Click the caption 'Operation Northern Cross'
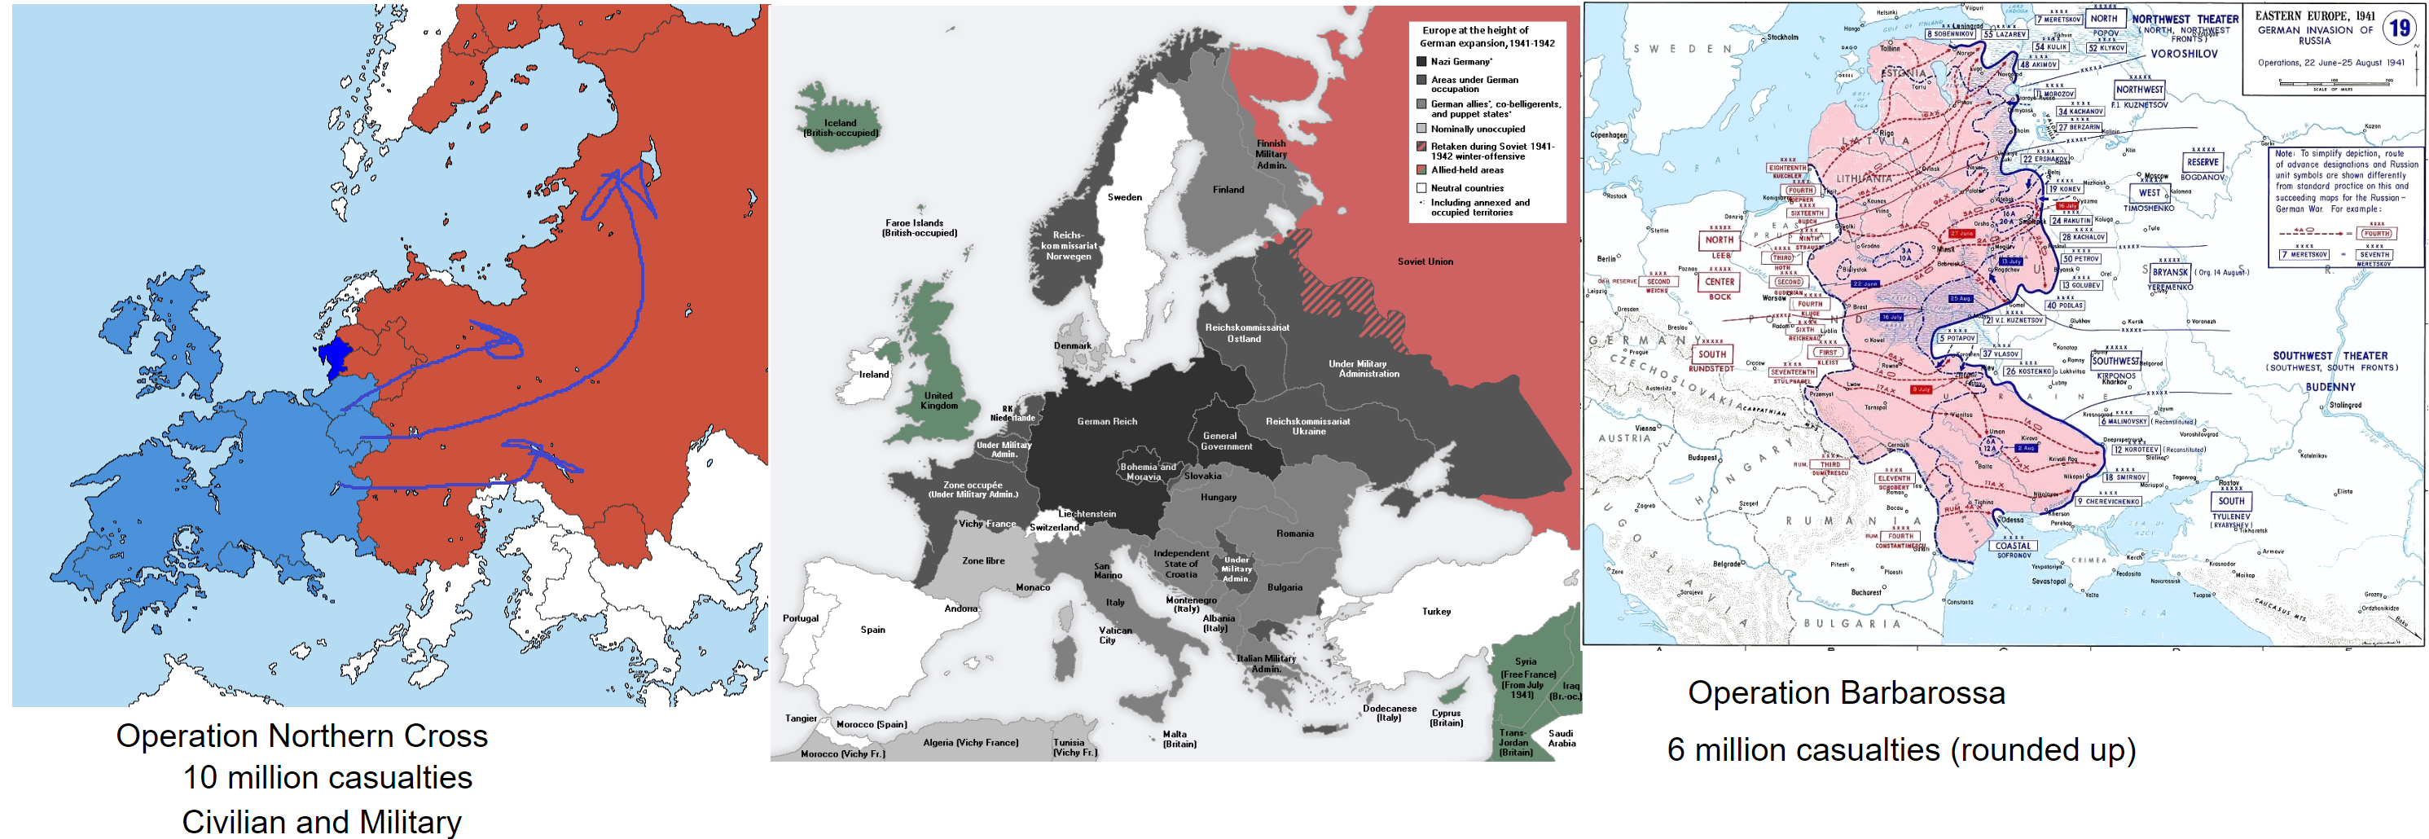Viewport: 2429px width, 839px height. coord(301,736)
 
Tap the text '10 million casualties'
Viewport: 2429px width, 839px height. coord(327,778)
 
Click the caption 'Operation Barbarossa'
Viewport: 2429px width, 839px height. coord(1845,693)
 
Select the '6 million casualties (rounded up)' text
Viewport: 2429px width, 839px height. coord(1901,749)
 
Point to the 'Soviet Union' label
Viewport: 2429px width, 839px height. coord(1425,261)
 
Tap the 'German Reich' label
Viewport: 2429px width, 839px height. coord(1107,421)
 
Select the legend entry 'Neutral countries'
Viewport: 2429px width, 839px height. coord(1467,187)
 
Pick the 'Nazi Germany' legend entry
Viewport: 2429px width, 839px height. coord(1460,61)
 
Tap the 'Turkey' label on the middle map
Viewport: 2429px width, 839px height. coord(1436,611)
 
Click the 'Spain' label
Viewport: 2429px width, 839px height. coord(872,629)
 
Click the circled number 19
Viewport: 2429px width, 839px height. coord(2399,29)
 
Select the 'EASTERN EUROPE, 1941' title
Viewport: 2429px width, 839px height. coord(2314,16)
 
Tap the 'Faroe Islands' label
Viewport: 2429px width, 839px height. coord(919,227)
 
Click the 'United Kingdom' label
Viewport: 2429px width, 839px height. coord(938,400)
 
